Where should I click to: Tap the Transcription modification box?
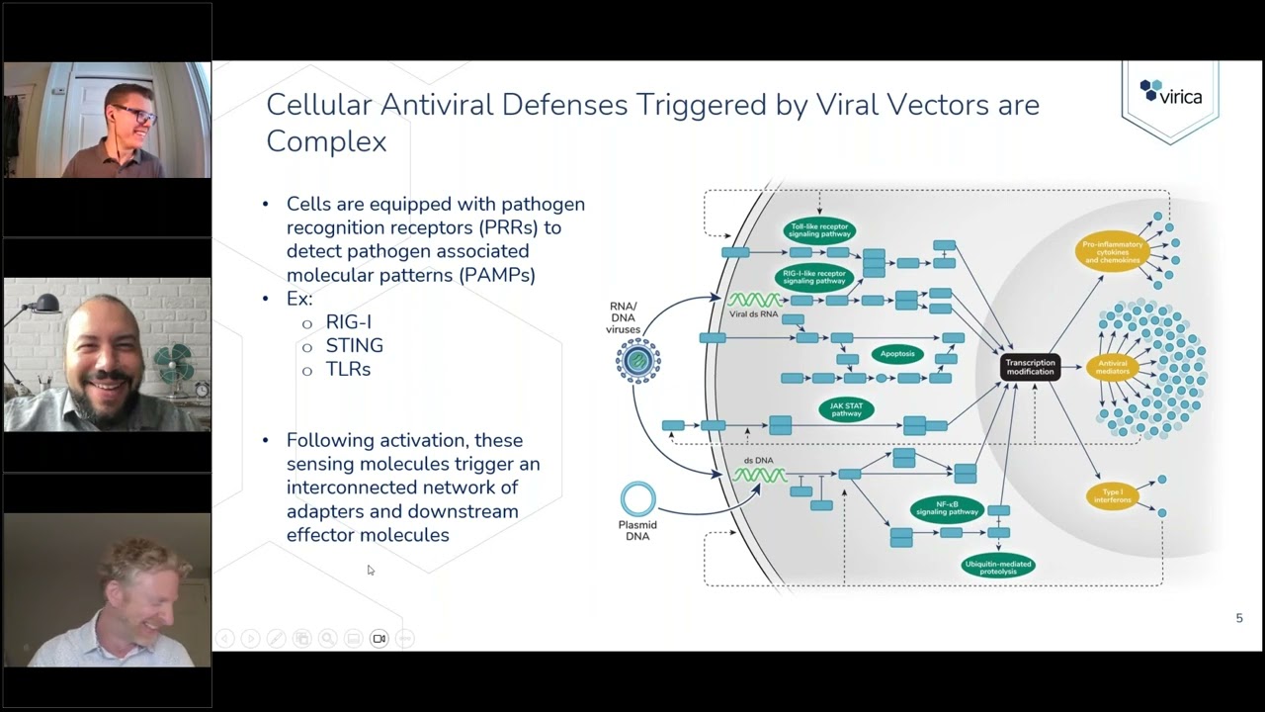pos(1030,367)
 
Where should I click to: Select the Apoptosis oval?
pos(896,354)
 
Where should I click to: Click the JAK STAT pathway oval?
pos(846,409)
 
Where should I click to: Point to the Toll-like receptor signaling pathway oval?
pos(819,230)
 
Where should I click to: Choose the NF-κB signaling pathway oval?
pos(948,508)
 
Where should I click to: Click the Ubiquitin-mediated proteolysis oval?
pos(997,568)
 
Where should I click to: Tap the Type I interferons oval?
pos(1112,495)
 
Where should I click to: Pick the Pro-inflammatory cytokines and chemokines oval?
pos(1113,250)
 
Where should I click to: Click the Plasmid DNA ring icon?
pos(638,499)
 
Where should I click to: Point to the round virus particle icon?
pos(638,360)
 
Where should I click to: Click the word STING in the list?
pos(354,346)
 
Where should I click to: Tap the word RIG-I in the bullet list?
pos(348,322)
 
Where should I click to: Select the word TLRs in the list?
pos(348,370)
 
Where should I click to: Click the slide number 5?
pos(1239,618)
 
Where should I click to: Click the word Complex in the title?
pos(326,141)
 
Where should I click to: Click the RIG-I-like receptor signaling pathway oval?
pos(814,276)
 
